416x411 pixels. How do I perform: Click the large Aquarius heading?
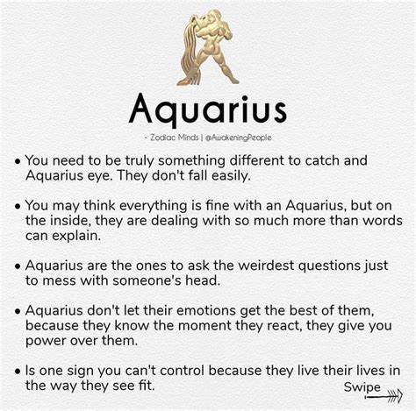[x=207, y=110]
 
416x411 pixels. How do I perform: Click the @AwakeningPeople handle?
[x=239, y=138]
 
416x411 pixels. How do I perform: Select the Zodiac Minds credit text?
[x=174, y=138]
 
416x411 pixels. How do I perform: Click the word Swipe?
[x=362, y=387]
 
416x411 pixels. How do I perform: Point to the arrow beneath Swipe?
[x=384, y=396]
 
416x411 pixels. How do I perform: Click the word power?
[x=43, y=342]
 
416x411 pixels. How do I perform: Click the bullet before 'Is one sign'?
[x=18, y=372]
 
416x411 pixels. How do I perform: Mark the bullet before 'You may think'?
[x=18, y=207]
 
